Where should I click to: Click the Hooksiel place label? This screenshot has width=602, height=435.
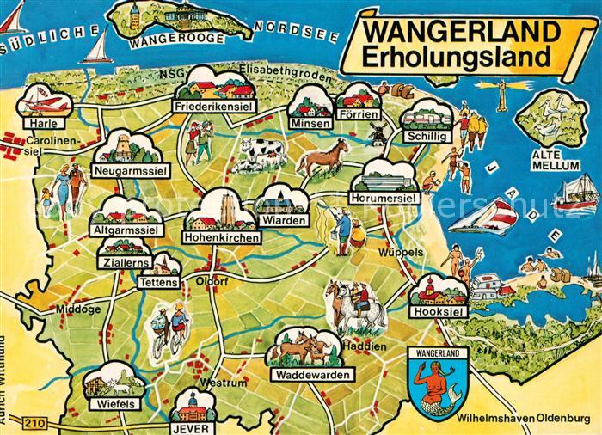click(x=439, y=312)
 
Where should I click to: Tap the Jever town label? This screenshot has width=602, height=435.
click(x=193, y=425)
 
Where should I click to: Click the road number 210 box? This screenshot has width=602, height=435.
click(x=33, y=422)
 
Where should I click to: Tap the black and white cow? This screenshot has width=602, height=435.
click(x=261, y=156)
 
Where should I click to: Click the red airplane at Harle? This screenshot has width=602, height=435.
click(x=46, y=103)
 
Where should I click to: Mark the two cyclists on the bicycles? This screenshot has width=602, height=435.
click(x=169, y=328)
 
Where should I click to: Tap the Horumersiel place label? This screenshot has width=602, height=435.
click(x=384, y=199)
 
